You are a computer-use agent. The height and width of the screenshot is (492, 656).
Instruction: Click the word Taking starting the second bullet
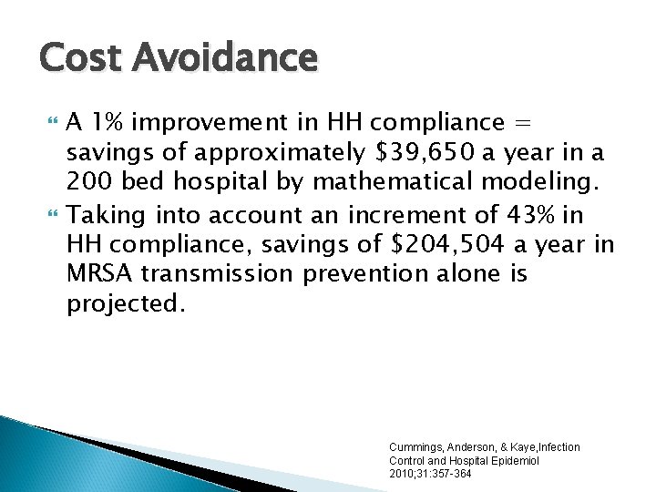(103, 215)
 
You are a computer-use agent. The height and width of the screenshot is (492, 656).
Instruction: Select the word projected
(126, 302)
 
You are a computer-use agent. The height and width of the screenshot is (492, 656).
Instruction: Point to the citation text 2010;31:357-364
(431, 474)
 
